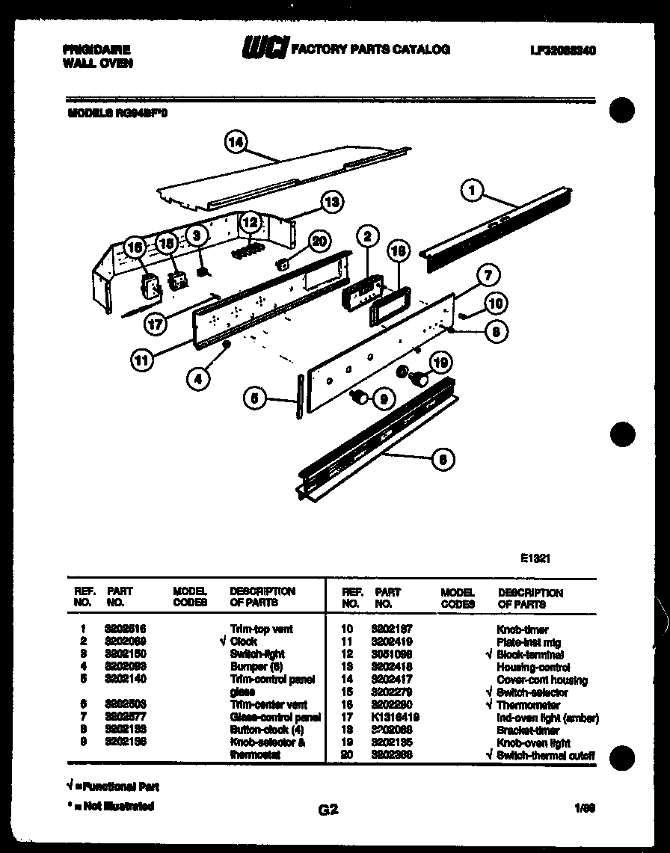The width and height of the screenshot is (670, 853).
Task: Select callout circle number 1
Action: click(x=472, y=191)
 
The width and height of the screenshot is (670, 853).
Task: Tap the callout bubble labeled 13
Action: click(x=331, y=202)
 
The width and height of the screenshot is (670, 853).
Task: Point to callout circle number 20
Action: click(x=320, y=241)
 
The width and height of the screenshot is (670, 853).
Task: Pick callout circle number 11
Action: click(x=141, y=360)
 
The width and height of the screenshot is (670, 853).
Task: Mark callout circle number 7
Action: click(x=488, y=275)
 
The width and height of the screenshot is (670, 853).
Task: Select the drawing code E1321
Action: click(x=535, y=557)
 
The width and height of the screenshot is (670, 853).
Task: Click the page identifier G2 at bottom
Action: click(x=328, y=809)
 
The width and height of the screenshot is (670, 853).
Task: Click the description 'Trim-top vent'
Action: click(x=262, y=629)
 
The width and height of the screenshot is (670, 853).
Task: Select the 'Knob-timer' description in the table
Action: click(x=522, y=629)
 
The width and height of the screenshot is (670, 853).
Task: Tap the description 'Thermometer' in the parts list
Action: click(x=528, y=705)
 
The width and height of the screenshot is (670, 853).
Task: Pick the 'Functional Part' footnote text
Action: click(x=117, y=786)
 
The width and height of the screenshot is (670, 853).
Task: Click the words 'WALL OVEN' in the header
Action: click(x=98, y=64)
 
